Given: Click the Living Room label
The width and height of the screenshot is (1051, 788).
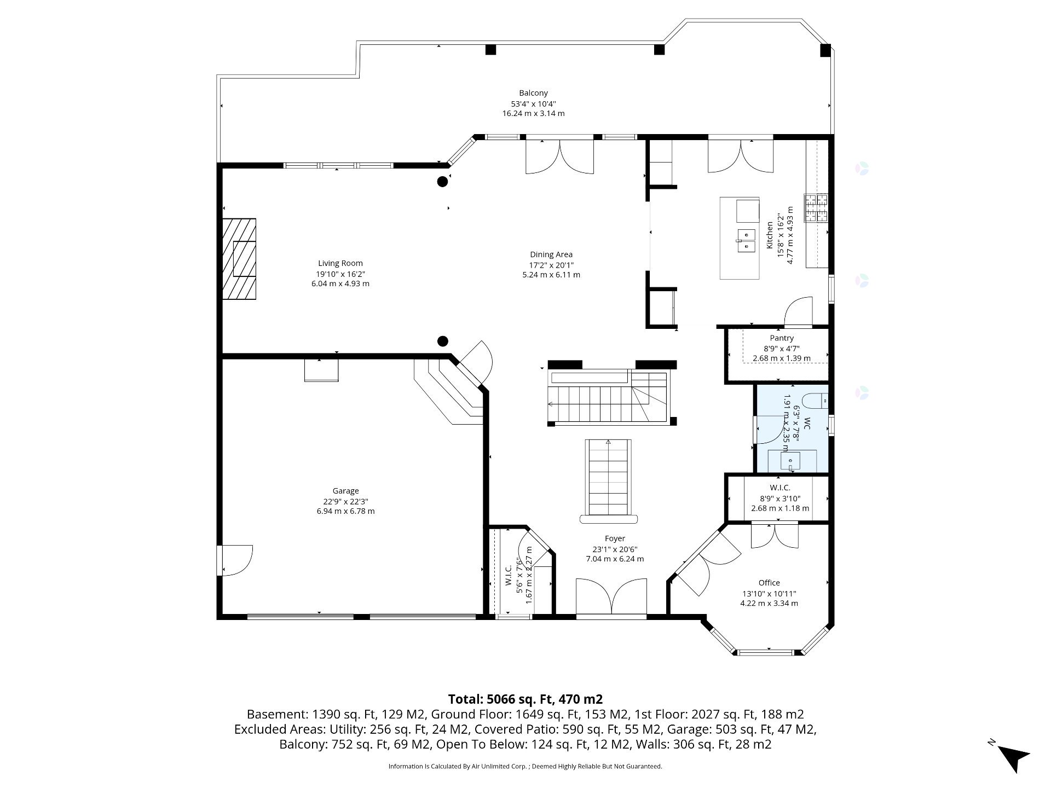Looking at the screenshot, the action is [340, 263].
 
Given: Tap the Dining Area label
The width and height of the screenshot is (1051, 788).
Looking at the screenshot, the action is [551, 254].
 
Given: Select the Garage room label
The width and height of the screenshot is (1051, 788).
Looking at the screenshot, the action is [345, 491].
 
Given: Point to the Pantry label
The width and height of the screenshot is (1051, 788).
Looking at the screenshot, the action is [782, 338].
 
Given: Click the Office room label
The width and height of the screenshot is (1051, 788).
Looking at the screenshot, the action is [769, 583].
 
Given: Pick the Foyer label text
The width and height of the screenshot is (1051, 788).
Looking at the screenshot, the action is [615, 538].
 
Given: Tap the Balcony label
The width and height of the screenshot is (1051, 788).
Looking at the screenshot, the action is [533, 93].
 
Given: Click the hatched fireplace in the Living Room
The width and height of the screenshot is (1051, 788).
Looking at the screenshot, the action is [239, 259].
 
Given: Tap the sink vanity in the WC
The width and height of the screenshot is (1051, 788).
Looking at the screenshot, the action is [792, 461].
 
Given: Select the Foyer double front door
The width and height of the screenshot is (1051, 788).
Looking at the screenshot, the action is [611, 600].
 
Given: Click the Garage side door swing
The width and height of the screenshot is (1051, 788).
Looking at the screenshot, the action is [235, 560].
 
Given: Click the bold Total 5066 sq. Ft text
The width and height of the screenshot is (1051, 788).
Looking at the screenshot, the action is [525, 699].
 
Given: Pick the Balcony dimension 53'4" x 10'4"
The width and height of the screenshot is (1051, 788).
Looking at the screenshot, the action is [533, 103].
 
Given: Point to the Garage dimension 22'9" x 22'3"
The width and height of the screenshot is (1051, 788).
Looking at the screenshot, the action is [345, 501].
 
